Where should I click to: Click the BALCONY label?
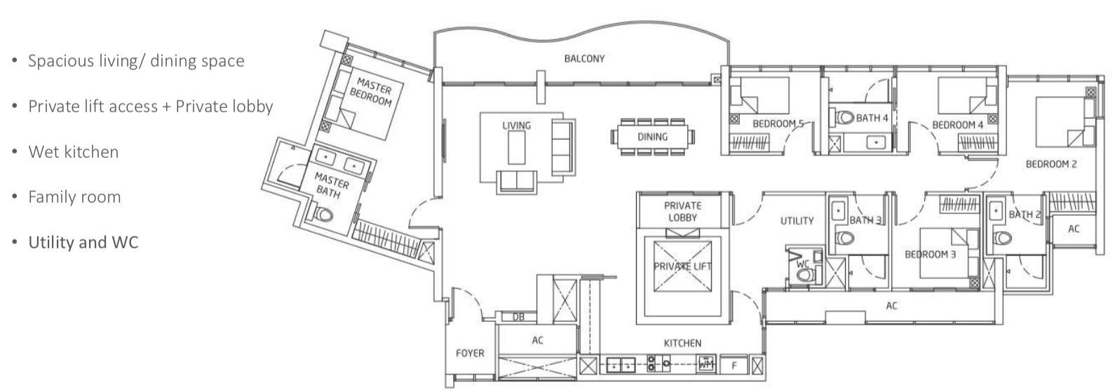(x=584, y=59)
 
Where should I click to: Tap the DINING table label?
(x=653, y=137)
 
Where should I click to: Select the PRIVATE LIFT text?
(x=682, y=267)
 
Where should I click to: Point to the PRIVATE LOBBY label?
(x=682, y=212)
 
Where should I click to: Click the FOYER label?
(x=470, y=353)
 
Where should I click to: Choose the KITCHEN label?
(x=682, y=343)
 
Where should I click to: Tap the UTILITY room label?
(x=797, y=221)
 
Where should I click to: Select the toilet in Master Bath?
(x=323, y=214)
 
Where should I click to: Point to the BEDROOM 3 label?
(x=931, y=255)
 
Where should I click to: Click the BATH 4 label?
(x=872, y=118)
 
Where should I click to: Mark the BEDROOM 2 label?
(x=1051, y=164)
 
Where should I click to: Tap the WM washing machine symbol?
(x=706, y=364)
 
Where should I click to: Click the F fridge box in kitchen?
(x=734, y=365)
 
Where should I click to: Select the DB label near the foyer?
(x=518, y=317)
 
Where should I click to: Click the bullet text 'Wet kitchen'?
(x=74, y=152)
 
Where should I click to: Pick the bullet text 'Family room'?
(x=74, y=197)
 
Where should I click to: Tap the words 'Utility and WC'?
(x=83, y=243)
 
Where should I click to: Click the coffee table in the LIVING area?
(x=517, y=147)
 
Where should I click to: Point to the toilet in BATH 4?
(x=844, y=118)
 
